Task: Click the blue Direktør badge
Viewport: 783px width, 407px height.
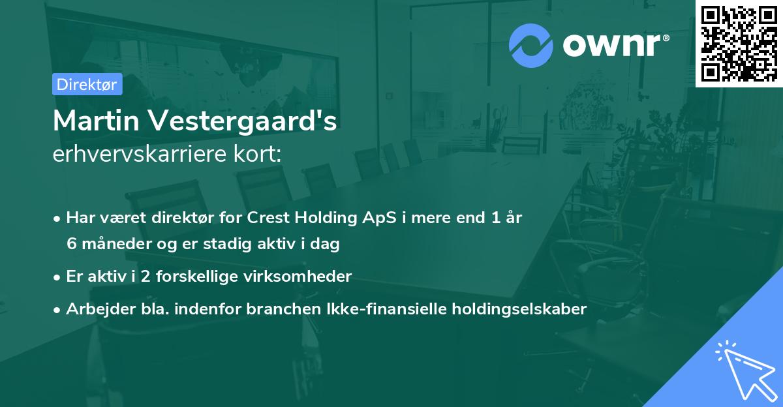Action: point(87,84)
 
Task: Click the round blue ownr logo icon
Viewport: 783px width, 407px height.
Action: point(531,45)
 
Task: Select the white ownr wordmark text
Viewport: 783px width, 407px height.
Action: point(613,46)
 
